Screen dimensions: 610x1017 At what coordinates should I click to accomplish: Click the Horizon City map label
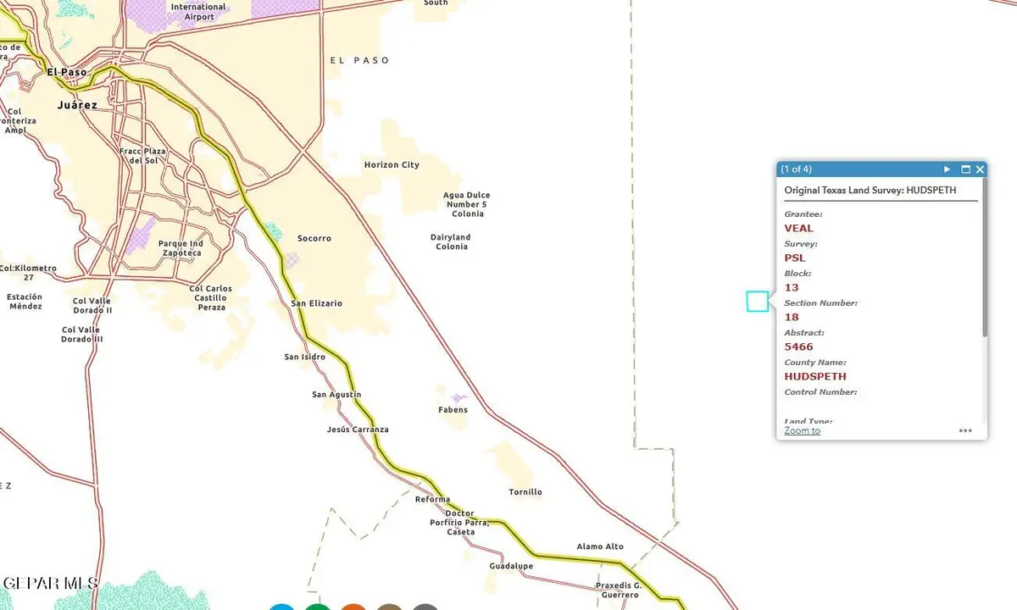[x=392, y=165]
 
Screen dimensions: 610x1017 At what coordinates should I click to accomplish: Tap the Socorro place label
[x=314, y=239]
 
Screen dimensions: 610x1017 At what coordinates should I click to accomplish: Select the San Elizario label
[x=317, y=303]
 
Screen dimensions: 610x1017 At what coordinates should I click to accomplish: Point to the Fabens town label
[x=452, y=410]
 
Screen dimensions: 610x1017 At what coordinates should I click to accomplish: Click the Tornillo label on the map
[x=525, y=492]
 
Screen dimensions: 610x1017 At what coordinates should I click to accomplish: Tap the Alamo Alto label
[x=600, y=546]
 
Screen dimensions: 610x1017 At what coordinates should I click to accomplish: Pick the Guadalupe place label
[x=511, y=566]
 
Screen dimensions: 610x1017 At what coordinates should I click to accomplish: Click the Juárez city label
[x=77, y=106]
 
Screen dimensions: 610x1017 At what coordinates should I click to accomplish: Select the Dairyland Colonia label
[x=451, y=242]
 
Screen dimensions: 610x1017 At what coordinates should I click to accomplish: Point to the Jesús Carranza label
[x=358, y=430]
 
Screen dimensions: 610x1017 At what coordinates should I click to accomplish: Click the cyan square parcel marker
[x=758, y=301]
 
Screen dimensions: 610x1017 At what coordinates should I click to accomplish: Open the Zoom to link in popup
[x=802, y=430]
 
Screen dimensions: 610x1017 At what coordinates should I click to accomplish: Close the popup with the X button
[x=980, y=169]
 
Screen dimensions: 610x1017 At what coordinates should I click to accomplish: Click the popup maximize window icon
[x=965, y=169]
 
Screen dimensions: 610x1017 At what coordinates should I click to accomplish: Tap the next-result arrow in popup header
[x=948, y=169]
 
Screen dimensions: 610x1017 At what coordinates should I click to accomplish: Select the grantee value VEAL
[x=798, y=228]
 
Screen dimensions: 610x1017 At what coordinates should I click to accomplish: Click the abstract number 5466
[x=798, y=347]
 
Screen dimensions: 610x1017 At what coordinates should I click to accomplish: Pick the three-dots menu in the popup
[x=965, y=430]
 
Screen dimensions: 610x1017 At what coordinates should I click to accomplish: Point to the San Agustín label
[x=336, y=395]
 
